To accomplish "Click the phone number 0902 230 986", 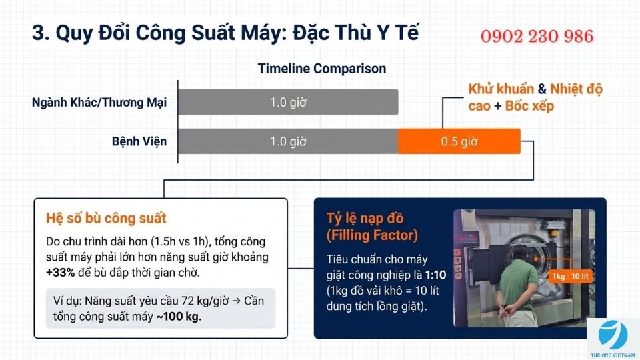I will coord(537,36).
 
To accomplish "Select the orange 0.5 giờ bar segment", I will coord(459,141).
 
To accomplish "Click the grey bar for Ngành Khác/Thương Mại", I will coord(288,103).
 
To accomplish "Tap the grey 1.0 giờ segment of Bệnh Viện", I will coord(288,141).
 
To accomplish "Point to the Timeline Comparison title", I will coord(321,69).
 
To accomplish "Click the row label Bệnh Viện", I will coord(139,141).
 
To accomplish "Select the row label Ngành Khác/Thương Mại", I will coord(99,103).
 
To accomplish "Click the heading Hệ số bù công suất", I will coord(106,219).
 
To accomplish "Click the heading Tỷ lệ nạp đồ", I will coord(365,219).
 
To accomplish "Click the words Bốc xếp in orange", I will coord(529,107).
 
